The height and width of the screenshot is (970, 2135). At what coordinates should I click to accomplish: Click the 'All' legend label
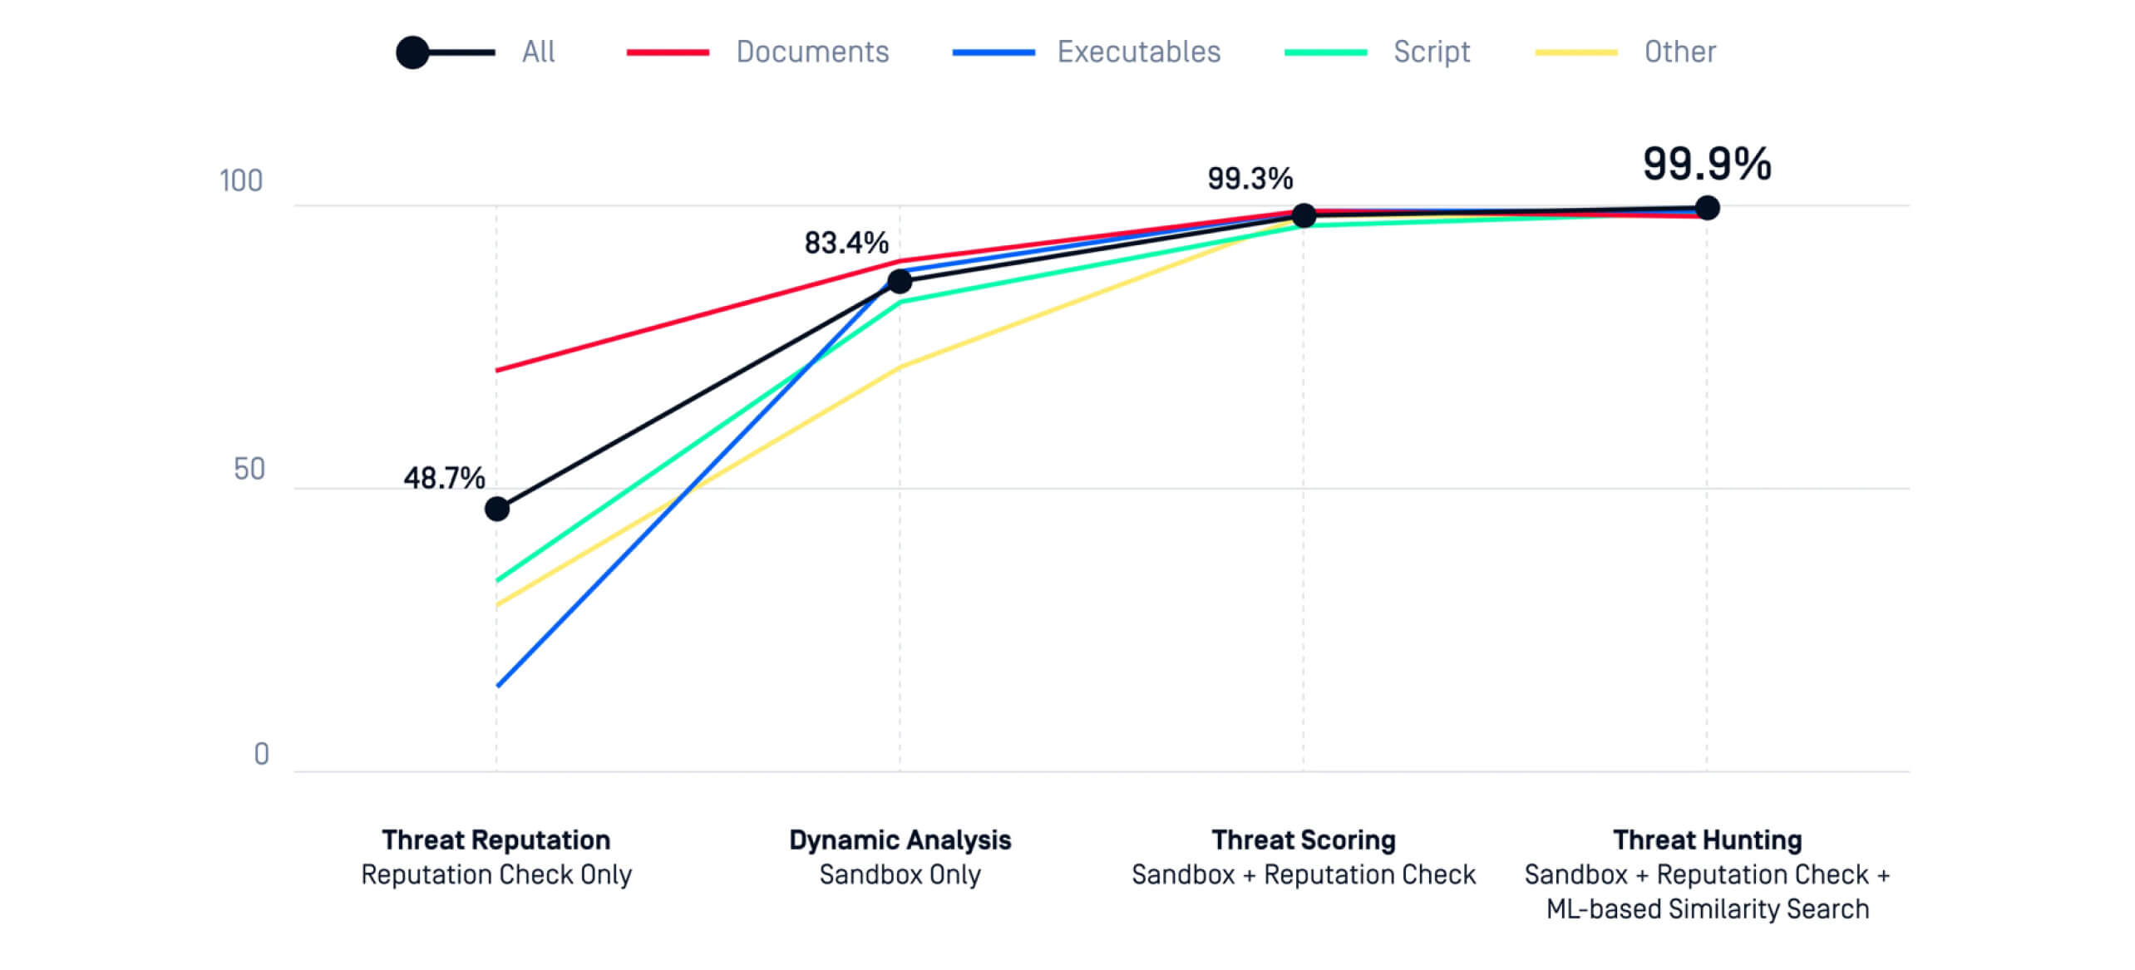click(538, 52)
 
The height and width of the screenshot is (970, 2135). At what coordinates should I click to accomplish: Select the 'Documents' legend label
click(812, 52)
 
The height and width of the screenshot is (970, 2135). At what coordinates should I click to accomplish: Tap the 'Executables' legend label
click(1138, 52)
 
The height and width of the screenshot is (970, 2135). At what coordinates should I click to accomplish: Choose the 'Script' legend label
click(1432, 52)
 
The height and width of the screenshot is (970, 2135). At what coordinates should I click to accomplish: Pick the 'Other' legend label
click(1679, 52)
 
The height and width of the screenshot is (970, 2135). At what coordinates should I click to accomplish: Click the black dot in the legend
click(412, 52)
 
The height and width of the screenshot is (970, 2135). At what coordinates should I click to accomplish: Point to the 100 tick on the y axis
click(240, 181)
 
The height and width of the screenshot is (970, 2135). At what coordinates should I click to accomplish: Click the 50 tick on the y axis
click(249, 470)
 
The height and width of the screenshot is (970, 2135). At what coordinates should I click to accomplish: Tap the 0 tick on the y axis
click(261, 755)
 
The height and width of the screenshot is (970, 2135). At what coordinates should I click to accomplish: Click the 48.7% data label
click(444, 479)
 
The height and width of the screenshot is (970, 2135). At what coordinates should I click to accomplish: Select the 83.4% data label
click(846, 244)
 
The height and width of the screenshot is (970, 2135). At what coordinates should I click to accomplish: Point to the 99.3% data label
click(1250, 179)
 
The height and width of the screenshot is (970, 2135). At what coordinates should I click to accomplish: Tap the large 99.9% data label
click(1707, 164)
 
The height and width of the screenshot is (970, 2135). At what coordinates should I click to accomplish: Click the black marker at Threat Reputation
click(497, 509)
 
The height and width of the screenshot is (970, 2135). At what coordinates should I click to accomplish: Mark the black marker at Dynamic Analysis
click(900, 282)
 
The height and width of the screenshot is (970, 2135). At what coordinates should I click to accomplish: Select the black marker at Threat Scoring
click(1304, 216)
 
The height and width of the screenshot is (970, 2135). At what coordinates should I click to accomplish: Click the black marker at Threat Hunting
click(1707, 208)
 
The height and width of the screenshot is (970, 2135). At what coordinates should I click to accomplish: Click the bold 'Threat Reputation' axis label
click(496, 840)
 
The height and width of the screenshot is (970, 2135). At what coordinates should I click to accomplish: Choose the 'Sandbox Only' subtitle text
click(900, 875)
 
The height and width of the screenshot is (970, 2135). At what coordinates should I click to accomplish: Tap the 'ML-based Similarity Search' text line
click(1707, 909)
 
